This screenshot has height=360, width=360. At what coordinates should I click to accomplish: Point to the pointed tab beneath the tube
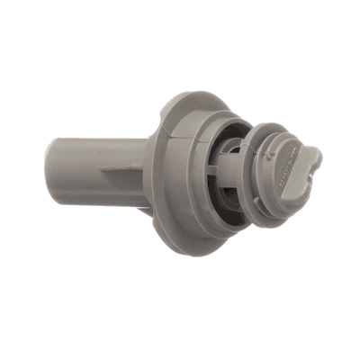pos(144,211)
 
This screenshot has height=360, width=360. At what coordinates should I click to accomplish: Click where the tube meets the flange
pos(148,171)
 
